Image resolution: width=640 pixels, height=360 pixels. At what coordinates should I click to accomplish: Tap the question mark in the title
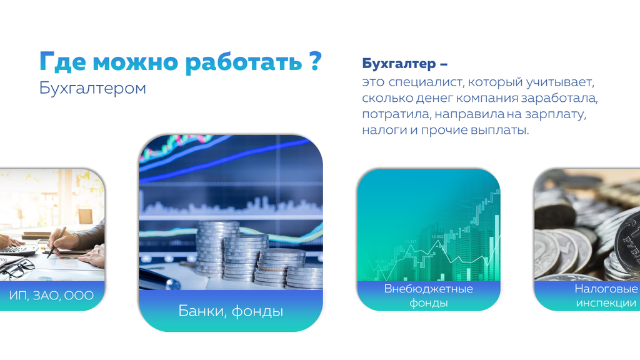pos(315,61)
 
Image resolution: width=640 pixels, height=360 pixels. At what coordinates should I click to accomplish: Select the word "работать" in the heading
pos(244,62)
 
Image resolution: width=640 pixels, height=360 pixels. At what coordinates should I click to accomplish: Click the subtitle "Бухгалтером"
pos(92,88)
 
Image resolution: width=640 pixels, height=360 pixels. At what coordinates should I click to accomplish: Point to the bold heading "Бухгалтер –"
pos(404,64)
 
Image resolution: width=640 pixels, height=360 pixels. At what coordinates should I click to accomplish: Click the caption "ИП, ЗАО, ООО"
pos(51,295)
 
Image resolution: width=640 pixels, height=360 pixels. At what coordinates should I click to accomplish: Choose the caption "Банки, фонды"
pos(231,311)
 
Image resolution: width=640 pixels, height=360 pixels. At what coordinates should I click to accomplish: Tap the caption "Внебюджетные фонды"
pos(429,296)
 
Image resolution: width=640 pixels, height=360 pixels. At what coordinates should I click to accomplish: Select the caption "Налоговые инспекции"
pos(606,296)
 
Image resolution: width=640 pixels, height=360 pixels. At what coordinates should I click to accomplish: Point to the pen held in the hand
pos(56,242)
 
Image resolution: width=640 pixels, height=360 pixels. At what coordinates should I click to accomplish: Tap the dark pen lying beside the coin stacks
pos(160,279)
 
